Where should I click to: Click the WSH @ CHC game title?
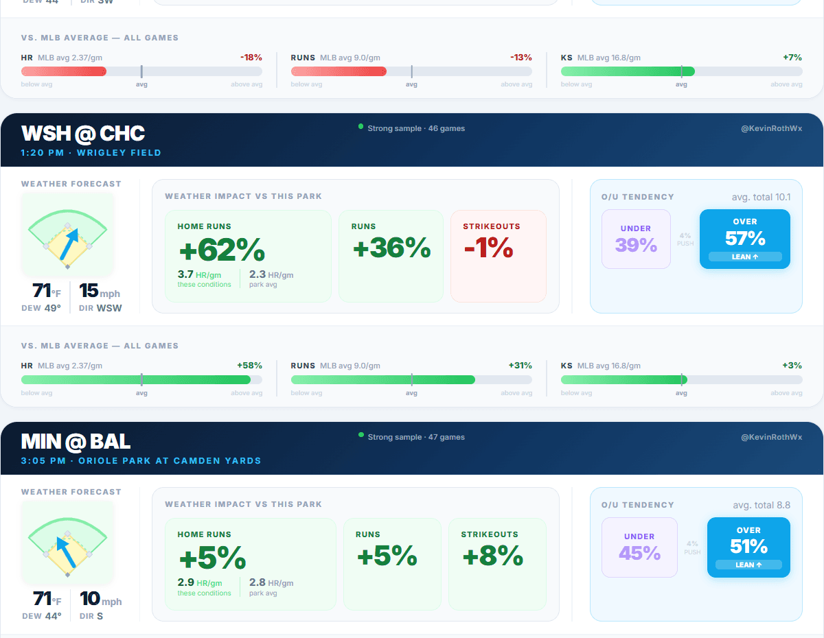point(83,133)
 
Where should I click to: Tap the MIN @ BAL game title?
point(76,442)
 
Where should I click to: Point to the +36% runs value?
point(391,248)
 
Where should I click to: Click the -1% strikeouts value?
point(489,248)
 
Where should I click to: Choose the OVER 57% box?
point(745,239)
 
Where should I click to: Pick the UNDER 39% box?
point(636,239)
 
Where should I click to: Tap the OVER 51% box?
point(748,547)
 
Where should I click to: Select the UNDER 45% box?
point(639,547)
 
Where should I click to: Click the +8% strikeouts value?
point(493,556)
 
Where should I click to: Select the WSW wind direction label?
point(109,308)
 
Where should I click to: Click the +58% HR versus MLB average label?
point(249,366)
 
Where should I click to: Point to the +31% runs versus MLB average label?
point(520,366)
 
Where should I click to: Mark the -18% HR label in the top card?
point(251,58)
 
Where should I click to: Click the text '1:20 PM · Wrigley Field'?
point(91,152)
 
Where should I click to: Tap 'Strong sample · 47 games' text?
point(416,437)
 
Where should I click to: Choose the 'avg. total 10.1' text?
point(761,198)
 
